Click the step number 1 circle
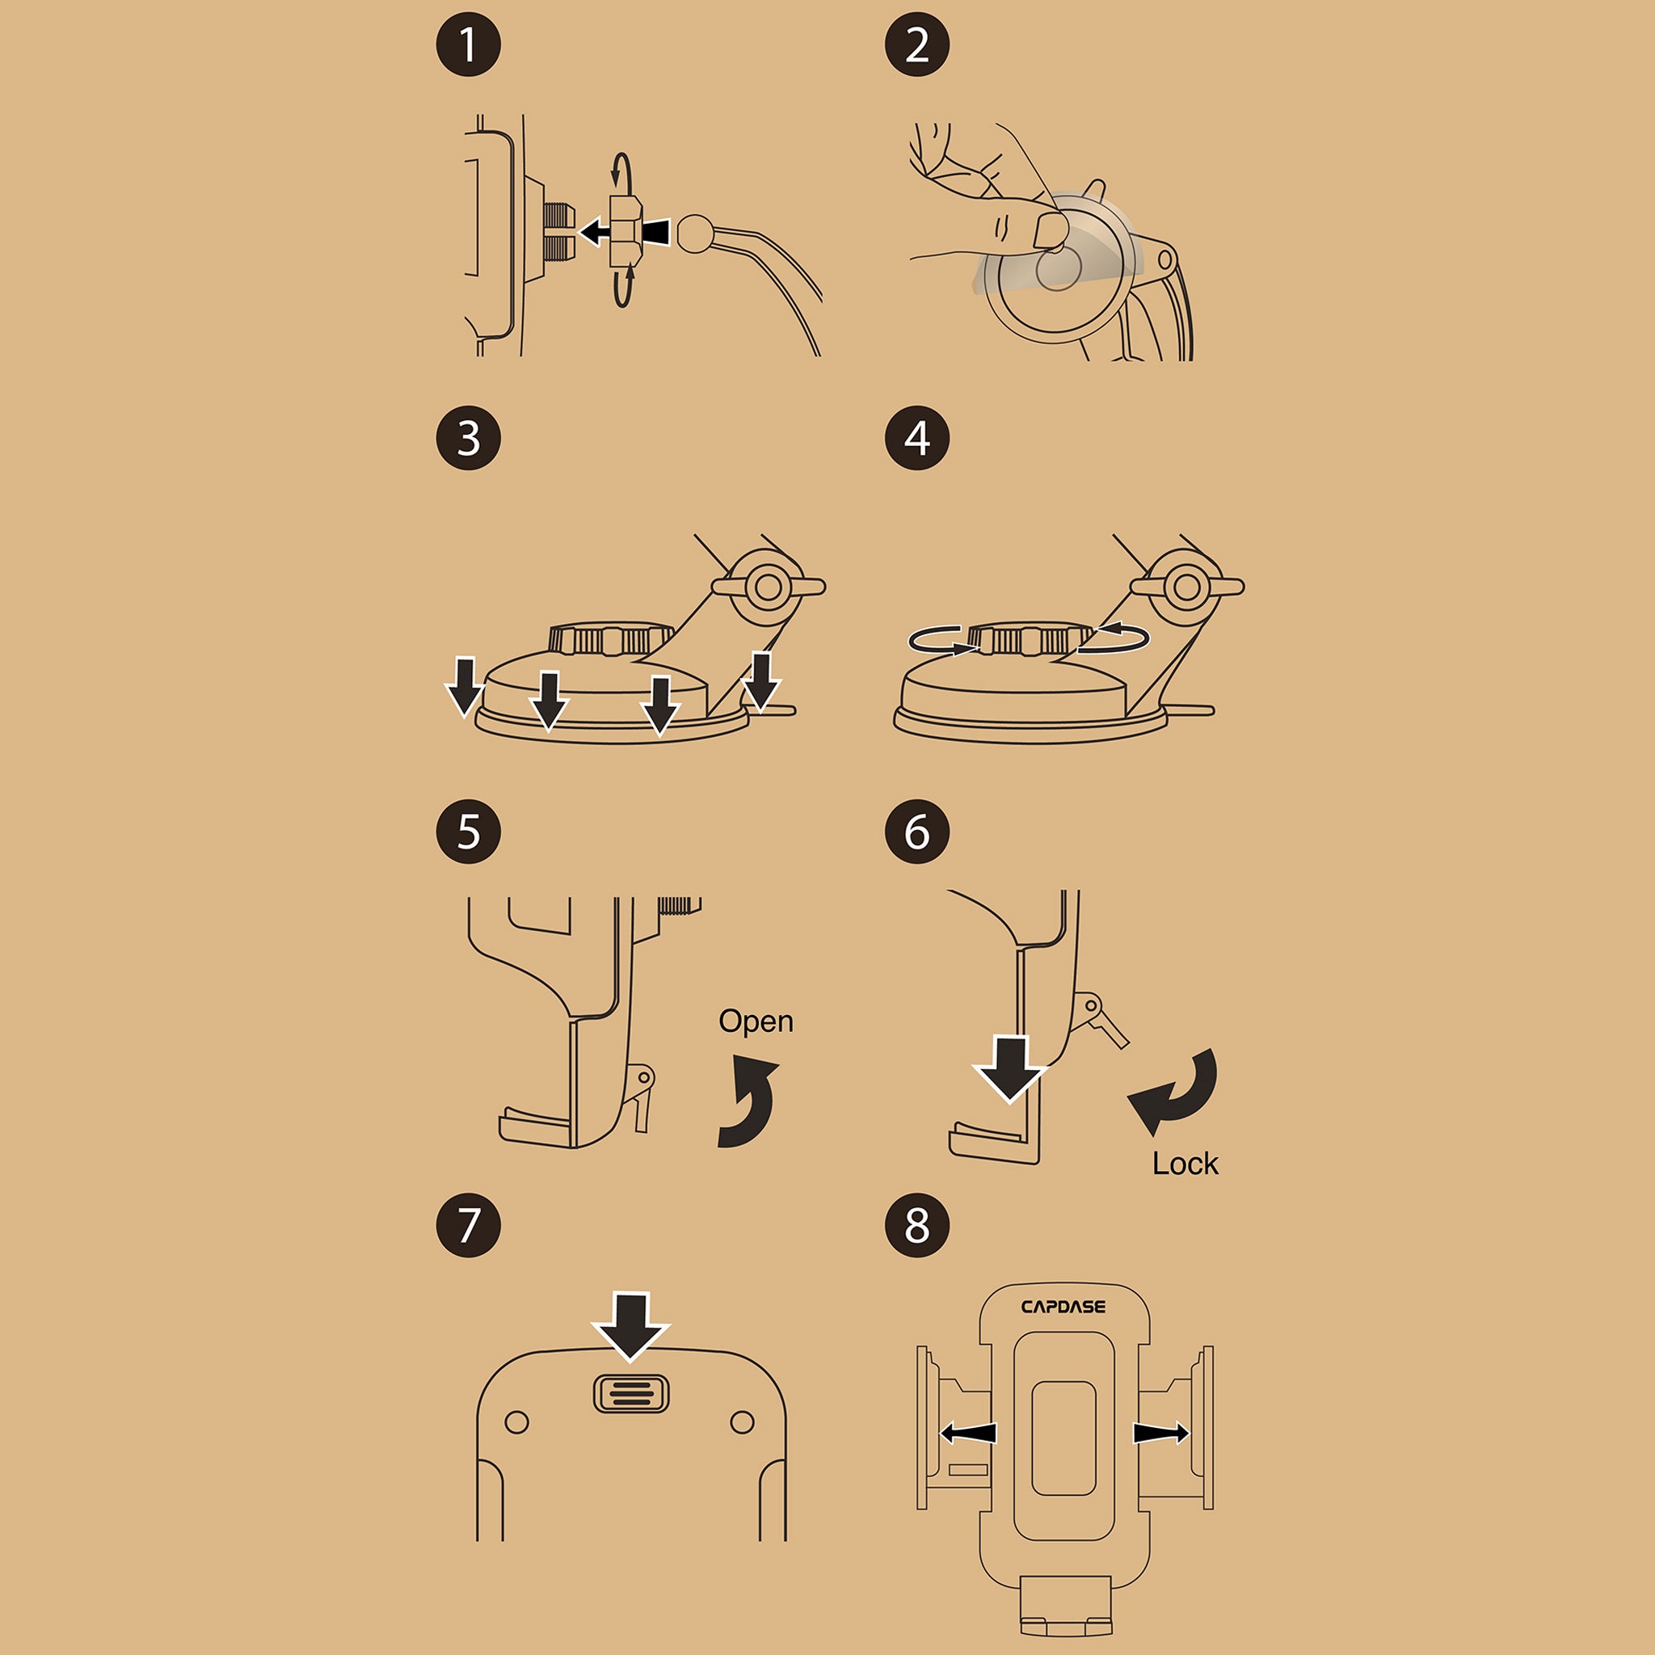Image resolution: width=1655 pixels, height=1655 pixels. tap(469, 44)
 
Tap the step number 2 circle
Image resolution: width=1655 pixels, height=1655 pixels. tap(916, 44)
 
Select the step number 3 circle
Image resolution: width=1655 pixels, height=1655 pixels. tap(469, 438)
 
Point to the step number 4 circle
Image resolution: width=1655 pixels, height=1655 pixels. tap(916, 438)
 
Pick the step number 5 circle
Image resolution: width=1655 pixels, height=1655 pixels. tap(469, 831)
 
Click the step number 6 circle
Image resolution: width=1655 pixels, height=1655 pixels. tap(916, 831)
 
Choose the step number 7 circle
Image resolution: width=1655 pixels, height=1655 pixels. tap(469, 1224)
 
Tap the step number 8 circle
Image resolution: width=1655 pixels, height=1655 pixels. tap(916, 1224)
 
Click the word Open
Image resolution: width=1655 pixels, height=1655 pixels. tap(756, 1022)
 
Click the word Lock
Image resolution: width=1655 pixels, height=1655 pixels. tap(1185, 1164)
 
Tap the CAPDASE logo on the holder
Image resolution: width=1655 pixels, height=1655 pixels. tap(1063, 1307)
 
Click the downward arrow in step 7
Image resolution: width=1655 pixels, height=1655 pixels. tap(631, 1325)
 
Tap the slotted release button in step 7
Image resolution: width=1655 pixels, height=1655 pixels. tap(631, 1394)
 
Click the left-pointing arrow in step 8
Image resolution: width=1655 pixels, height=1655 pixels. tap(968, 1433)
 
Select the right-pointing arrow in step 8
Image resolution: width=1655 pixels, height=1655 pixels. tap(1161, 1432)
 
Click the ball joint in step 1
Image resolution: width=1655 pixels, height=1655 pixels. tap(695, 232)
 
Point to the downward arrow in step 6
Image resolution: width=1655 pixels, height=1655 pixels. tap(1010, 1068)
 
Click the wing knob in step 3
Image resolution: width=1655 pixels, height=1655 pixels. tap(769, 587)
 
